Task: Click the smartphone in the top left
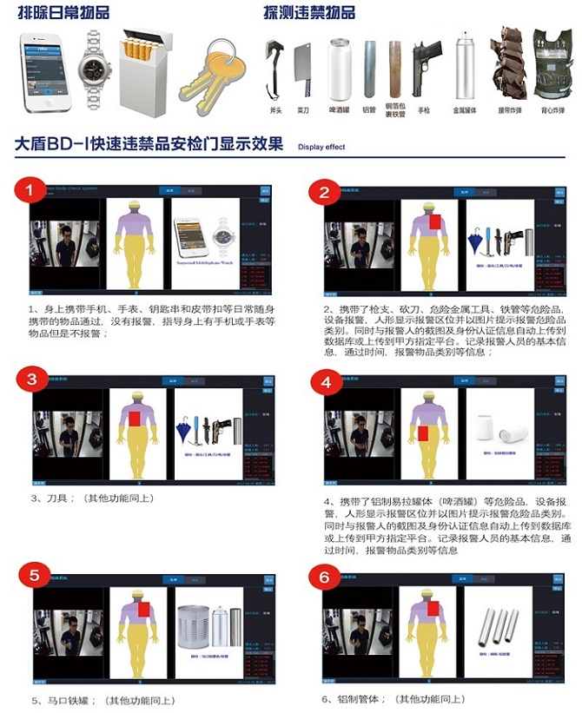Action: (46, 72)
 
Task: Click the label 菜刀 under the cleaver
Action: (303, 111)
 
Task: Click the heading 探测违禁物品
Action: (309, 12)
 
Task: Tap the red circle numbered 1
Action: (32, 189)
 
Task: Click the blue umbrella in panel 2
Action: (476, 238)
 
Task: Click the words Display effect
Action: (321, 148)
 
